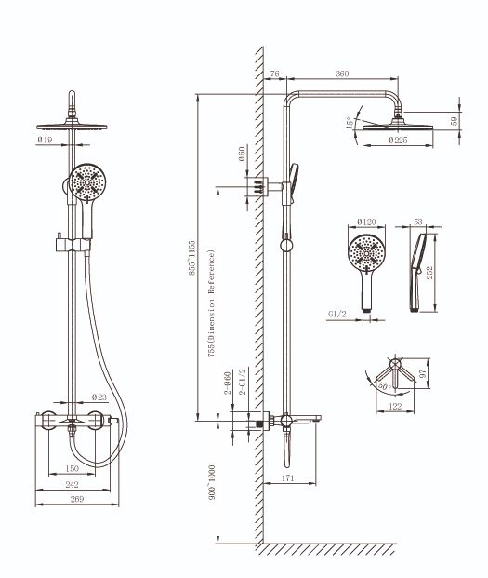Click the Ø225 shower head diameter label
tap(398, 140)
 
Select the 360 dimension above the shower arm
tap(342, 74)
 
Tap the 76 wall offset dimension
tap(274, 74)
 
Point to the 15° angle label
tap(350, 122)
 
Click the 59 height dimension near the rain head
tap(455, 121)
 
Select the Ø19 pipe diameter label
tap(45, 140)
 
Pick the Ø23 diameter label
tap(99, 397)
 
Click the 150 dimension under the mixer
tap(72, 468)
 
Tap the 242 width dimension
tap(72, 484)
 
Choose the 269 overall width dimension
tap(76, 499)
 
